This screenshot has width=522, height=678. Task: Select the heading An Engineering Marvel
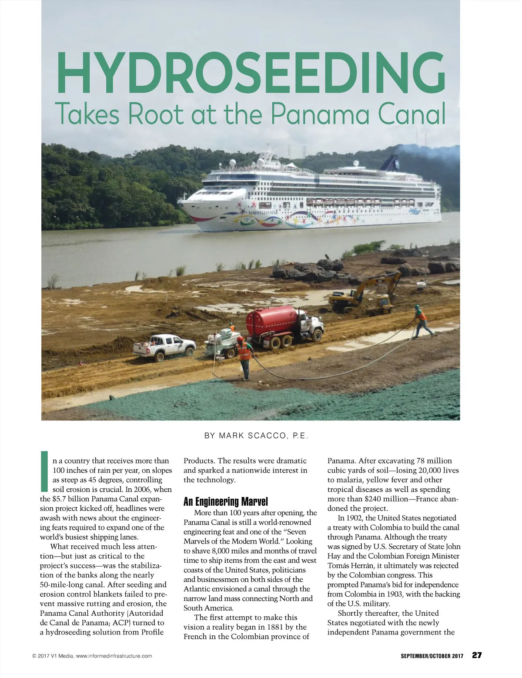226,502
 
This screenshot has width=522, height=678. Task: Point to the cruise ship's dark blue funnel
388,162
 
